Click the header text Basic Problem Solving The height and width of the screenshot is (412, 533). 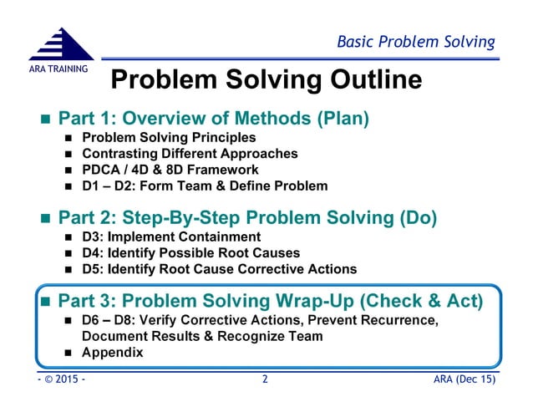(x=415, y=41)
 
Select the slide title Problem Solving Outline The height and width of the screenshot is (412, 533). (x=266, y=80)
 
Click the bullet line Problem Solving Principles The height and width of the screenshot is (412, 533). (x=169, y=138)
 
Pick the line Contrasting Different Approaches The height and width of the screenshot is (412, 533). (x=190, y=154)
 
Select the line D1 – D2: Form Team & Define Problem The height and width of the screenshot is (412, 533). (x=205, y=186)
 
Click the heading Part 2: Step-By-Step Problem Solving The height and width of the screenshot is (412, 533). (x=247, y=218)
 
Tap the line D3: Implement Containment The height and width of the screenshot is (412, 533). (x=171, y=237)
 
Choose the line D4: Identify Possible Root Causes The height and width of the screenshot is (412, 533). (x=190, y=253)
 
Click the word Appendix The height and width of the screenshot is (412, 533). (x=113, y=352)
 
